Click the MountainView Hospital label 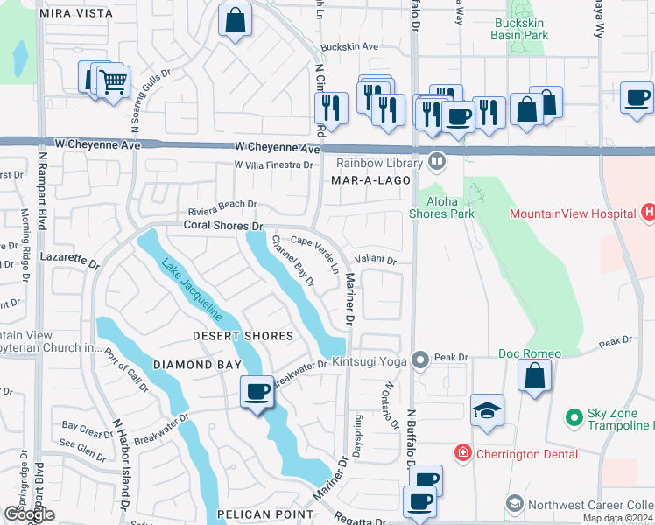click(572, 213)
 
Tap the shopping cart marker click(112, 83)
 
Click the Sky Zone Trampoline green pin click(574, 418)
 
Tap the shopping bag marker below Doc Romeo click(534, 376)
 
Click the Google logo click(29, 514)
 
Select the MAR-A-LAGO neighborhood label click(365, 180)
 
